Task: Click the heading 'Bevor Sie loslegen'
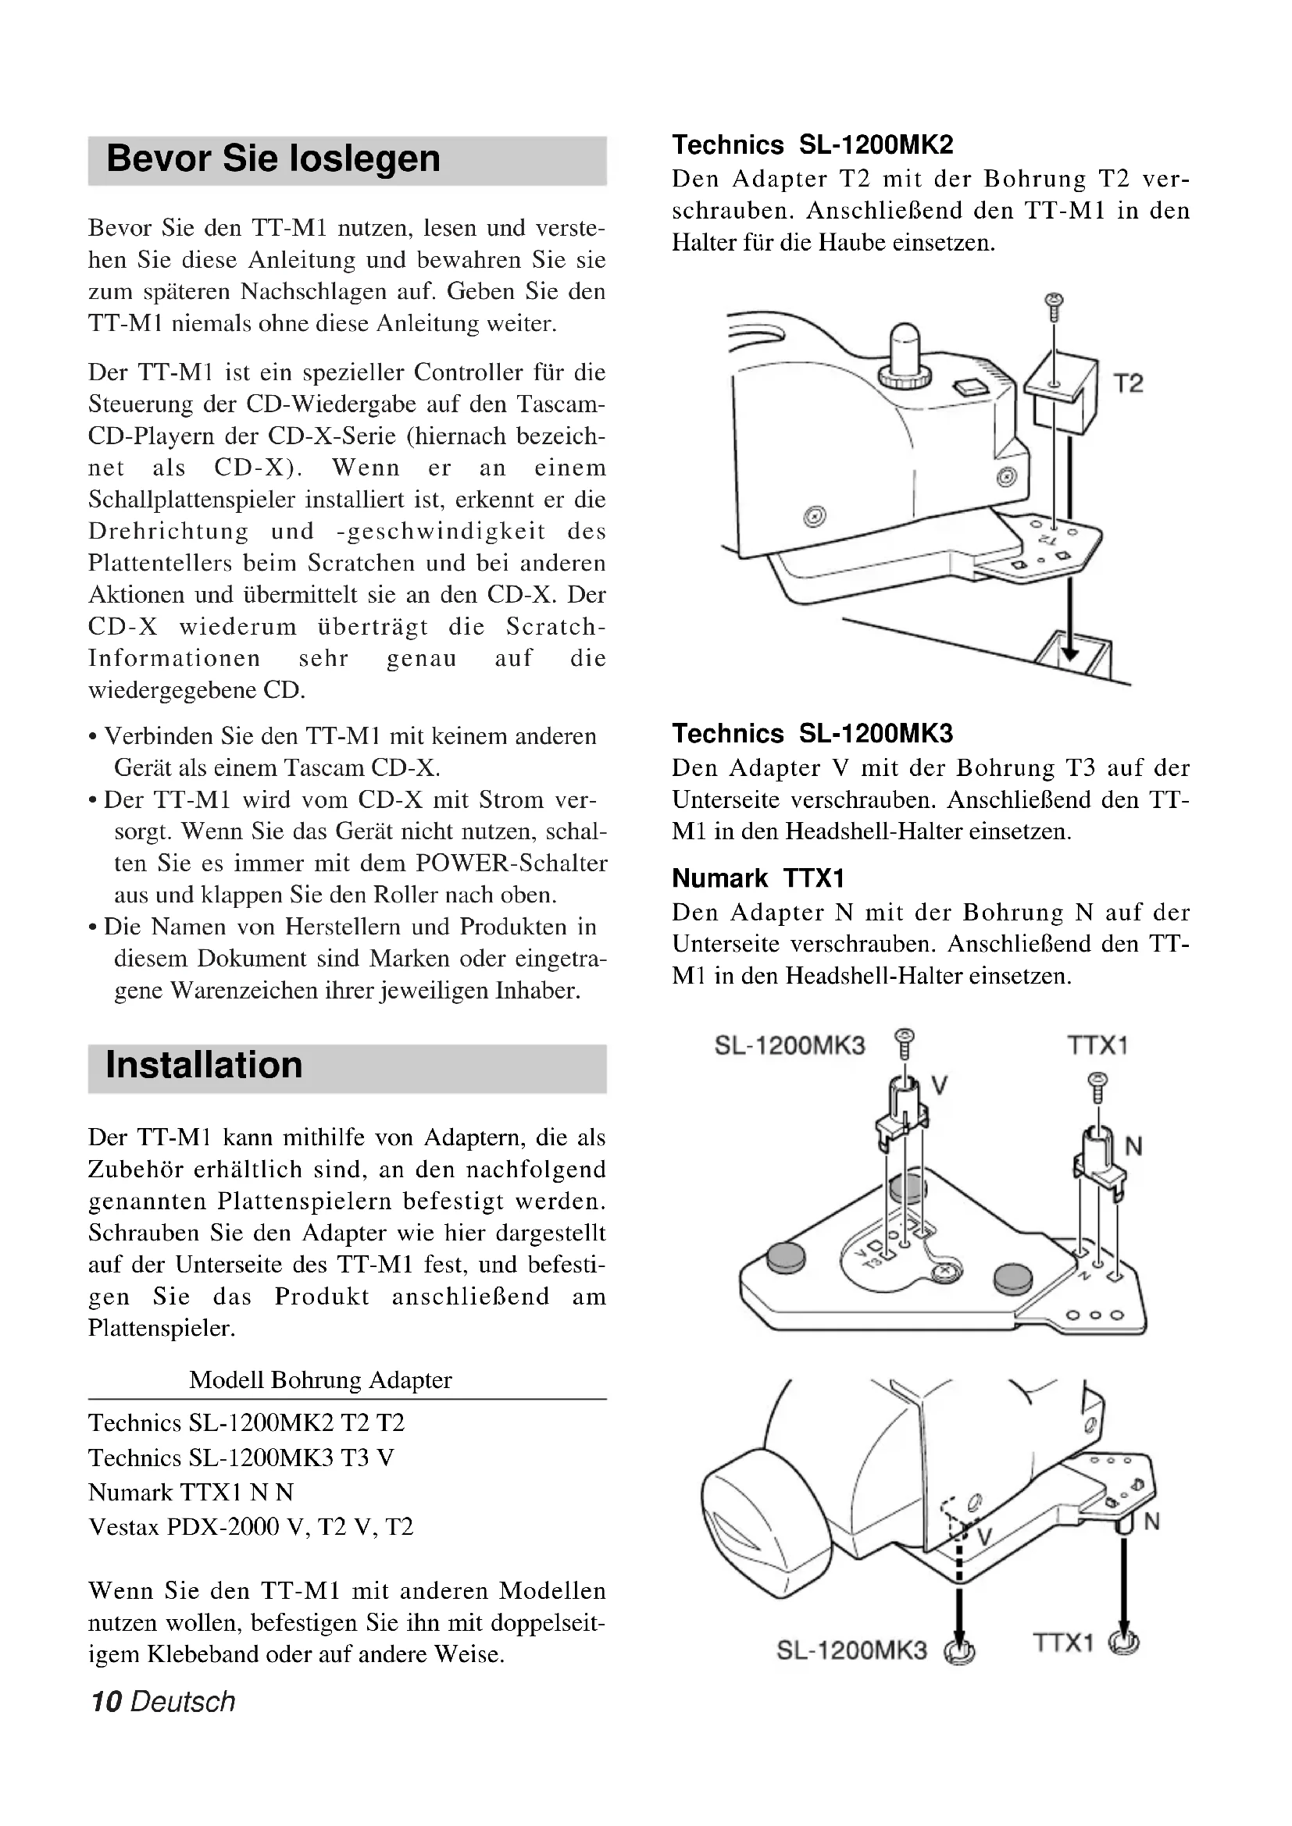coord(273,158)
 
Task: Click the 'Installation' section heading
coord(204,1065)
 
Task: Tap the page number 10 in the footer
coord(105,1701)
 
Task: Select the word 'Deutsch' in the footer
coord(183,1701)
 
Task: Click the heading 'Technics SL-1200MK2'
coord(812,144)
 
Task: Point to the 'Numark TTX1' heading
coord(758,878)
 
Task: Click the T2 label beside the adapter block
coord(1127,384)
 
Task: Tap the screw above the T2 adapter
coord(1054,305)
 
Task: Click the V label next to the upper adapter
coord(939,1085)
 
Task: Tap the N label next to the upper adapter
coord(1133,1146)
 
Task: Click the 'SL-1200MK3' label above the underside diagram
coord(789,1045)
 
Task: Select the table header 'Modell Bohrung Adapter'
coord(319,1379)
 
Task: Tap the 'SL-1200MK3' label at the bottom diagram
coord(851,1650)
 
